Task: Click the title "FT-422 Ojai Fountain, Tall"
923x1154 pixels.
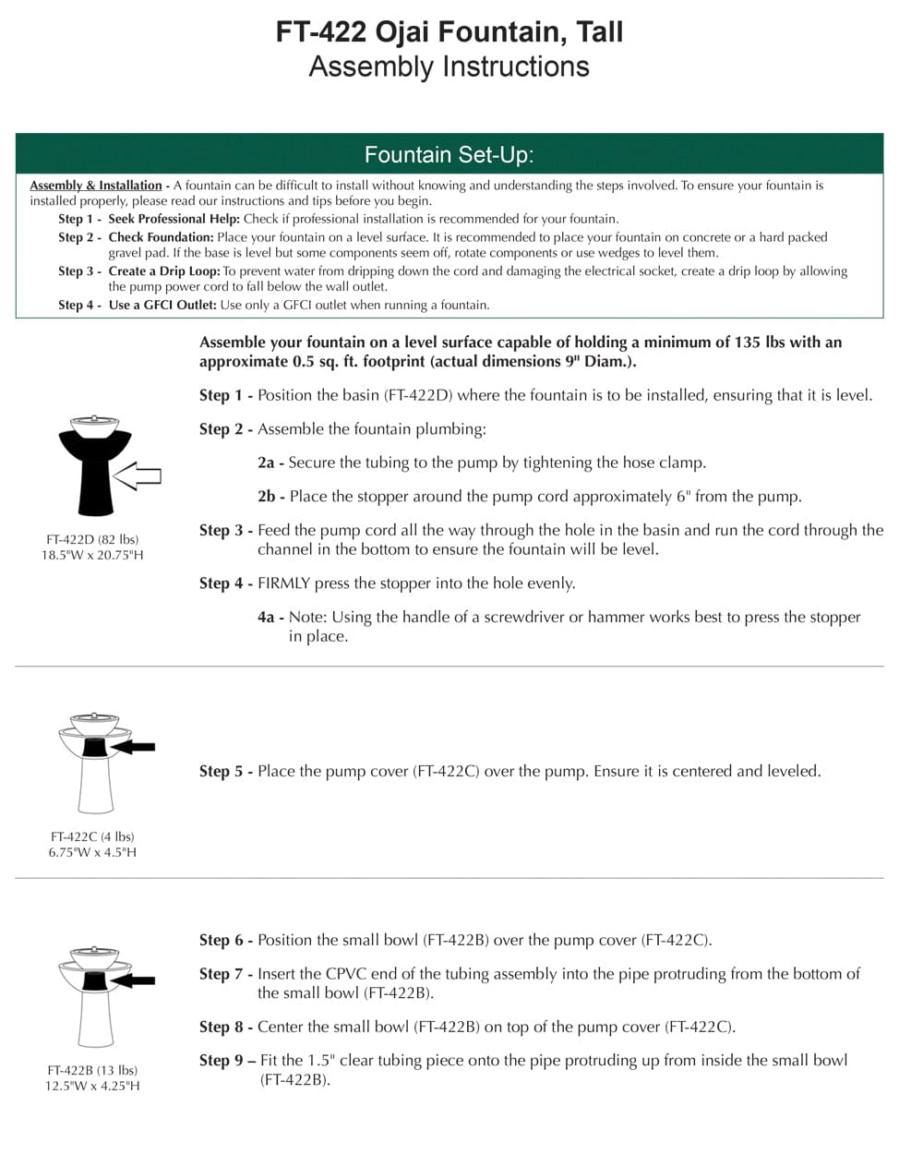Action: [450, 32]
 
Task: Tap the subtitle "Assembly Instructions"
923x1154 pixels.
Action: [450, 66]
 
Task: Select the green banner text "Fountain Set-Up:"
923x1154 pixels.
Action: [450, 154]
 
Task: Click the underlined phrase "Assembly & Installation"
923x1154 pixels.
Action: [96, 186]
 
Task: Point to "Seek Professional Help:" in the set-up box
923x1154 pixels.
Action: [174, 219]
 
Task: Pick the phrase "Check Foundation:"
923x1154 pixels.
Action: [161, 237]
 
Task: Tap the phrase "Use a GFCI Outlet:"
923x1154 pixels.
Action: [162, 305]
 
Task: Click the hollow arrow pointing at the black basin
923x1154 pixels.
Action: [138, 476]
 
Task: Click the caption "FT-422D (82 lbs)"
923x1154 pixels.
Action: [92, 539]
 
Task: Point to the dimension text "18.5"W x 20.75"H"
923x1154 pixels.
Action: [92, 555]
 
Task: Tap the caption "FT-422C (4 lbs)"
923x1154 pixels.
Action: [92, 836]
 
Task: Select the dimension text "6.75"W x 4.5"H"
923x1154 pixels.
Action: [92, 852]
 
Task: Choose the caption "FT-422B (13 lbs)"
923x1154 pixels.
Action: [92, 1070]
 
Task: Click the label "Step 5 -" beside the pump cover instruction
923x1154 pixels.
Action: [226, 771]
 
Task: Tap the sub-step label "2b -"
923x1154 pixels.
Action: [271, 497]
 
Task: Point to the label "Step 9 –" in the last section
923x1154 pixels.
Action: [227, 1061]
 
